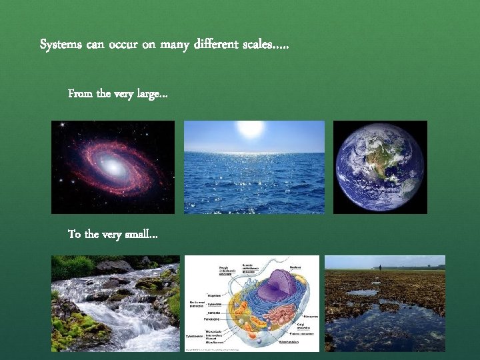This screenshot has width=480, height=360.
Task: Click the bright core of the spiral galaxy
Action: tap(115, 167)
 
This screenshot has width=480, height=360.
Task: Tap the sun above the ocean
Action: tap(251, 128)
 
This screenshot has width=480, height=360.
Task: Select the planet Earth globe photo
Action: tap(380, 167)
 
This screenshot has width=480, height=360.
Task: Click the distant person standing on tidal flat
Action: tap(380, 267)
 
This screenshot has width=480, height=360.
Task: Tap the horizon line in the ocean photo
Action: tap(254, 153)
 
